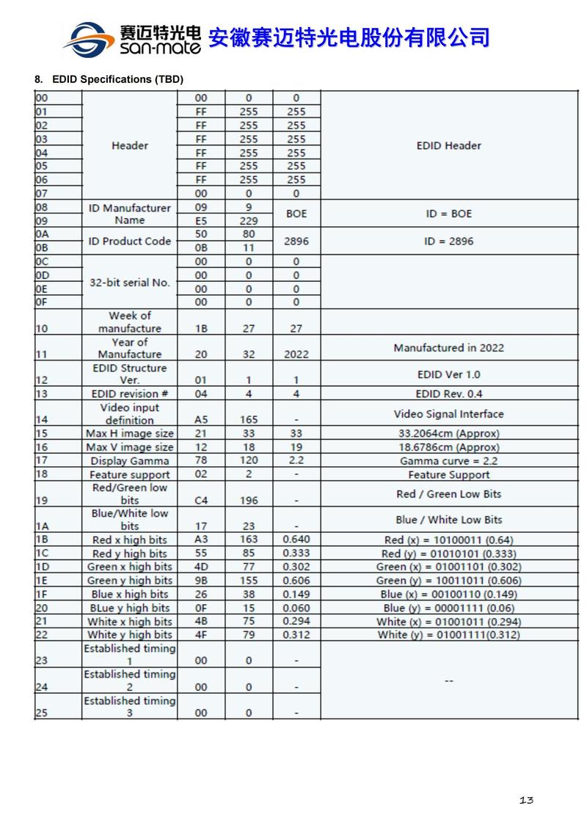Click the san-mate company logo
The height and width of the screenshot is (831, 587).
132,38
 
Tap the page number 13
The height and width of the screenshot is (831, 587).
525,799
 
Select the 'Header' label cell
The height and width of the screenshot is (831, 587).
130,145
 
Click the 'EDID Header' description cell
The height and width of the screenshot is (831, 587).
448,145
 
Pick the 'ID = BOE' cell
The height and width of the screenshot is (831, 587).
448,214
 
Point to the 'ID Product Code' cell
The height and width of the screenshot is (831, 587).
130,241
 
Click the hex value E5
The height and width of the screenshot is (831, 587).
201,221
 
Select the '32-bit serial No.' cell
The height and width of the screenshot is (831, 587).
130,283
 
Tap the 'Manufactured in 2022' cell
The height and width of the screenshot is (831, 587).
448,347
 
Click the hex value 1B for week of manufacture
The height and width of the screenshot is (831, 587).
201,329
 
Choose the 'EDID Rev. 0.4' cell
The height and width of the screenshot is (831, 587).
448,394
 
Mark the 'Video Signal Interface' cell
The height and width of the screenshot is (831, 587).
448,414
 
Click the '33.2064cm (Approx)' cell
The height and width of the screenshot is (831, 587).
448,433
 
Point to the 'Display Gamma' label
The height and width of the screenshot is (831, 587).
130,461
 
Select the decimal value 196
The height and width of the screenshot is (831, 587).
249,501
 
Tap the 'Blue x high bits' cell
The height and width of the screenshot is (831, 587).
130,594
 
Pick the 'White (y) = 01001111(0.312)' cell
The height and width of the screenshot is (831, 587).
448,634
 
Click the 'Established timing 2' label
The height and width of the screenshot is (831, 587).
130,681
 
